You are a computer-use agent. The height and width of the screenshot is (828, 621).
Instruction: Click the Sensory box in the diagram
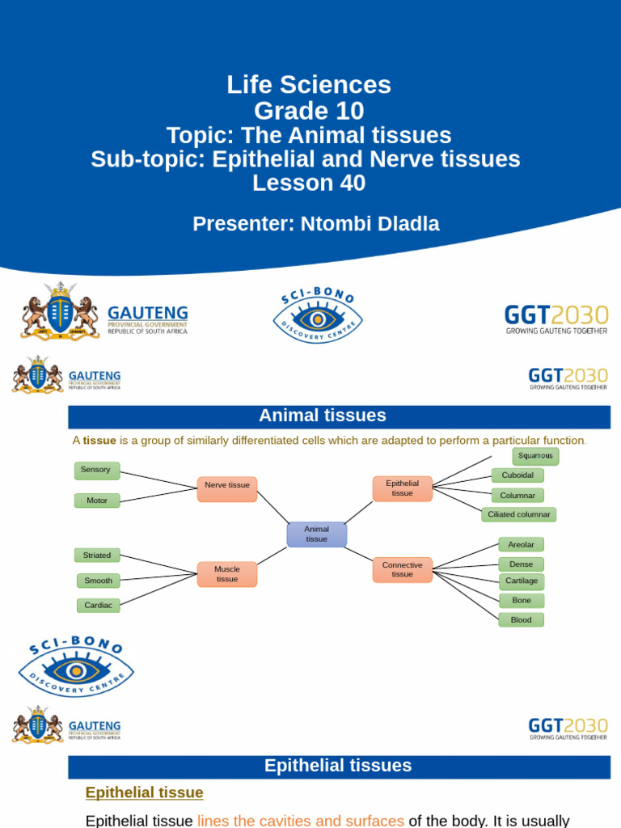(96, 470)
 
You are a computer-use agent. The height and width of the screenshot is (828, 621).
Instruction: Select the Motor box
(97, 501)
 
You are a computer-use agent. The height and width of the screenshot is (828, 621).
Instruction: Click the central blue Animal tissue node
(317, 534)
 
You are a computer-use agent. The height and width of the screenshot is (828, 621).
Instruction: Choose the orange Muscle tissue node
(227, 574)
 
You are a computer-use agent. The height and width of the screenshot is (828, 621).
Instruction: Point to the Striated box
(97, 556)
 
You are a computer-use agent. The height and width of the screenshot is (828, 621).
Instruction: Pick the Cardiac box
(99, 605)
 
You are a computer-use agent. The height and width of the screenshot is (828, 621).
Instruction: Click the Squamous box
(535, 456)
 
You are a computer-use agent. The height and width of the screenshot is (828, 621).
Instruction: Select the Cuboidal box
(517, 475)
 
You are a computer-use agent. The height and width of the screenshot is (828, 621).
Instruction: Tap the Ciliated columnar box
(519, 514)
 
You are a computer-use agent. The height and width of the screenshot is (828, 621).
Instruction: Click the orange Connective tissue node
(402, 569)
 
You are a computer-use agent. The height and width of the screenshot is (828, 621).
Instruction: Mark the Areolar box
(521, 544)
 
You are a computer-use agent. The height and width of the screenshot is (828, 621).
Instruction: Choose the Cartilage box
(521, 581)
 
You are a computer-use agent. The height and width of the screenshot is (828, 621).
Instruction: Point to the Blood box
(521, 619)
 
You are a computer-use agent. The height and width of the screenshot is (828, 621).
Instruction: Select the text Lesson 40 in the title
(309, 184)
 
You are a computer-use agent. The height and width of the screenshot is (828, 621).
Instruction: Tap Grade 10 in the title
(309, 110)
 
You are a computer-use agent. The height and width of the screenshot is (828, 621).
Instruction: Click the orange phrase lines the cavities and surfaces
(301, 821)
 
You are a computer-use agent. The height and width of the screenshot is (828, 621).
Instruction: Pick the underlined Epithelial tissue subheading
(145, 792)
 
